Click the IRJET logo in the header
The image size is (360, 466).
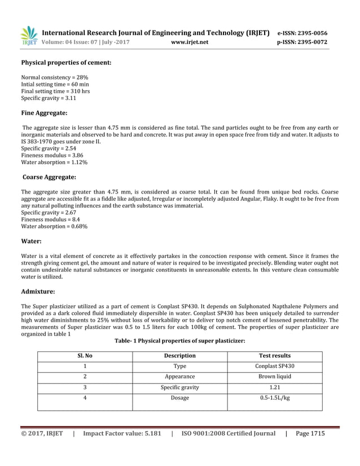[29, 36]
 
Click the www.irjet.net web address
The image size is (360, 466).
[189, 42]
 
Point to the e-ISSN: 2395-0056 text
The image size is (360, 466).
[302, 33]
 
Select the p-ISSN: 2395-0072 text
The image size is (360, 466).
[302, 42]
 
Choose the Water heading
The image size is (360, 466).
[32, 241]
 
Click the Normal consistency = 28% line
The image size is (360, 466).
[54, 77]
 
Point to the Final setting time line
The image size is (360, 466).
[55, 91]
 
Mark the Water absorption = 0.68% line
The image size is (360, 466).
[54, 226]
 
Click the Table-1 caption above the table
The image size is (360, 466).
[179, 341]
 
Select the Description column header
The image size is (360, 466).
[179, 356]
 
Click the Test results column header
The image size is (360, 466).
[274, 356]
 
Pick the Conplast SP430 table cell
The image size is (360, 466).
[274, 366]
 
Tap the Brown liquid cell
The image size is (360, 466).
[274, 377]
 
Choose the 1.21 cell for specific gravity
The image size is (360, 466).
[274, 388]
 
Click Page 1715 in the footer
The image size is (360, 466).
[310, 434]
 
